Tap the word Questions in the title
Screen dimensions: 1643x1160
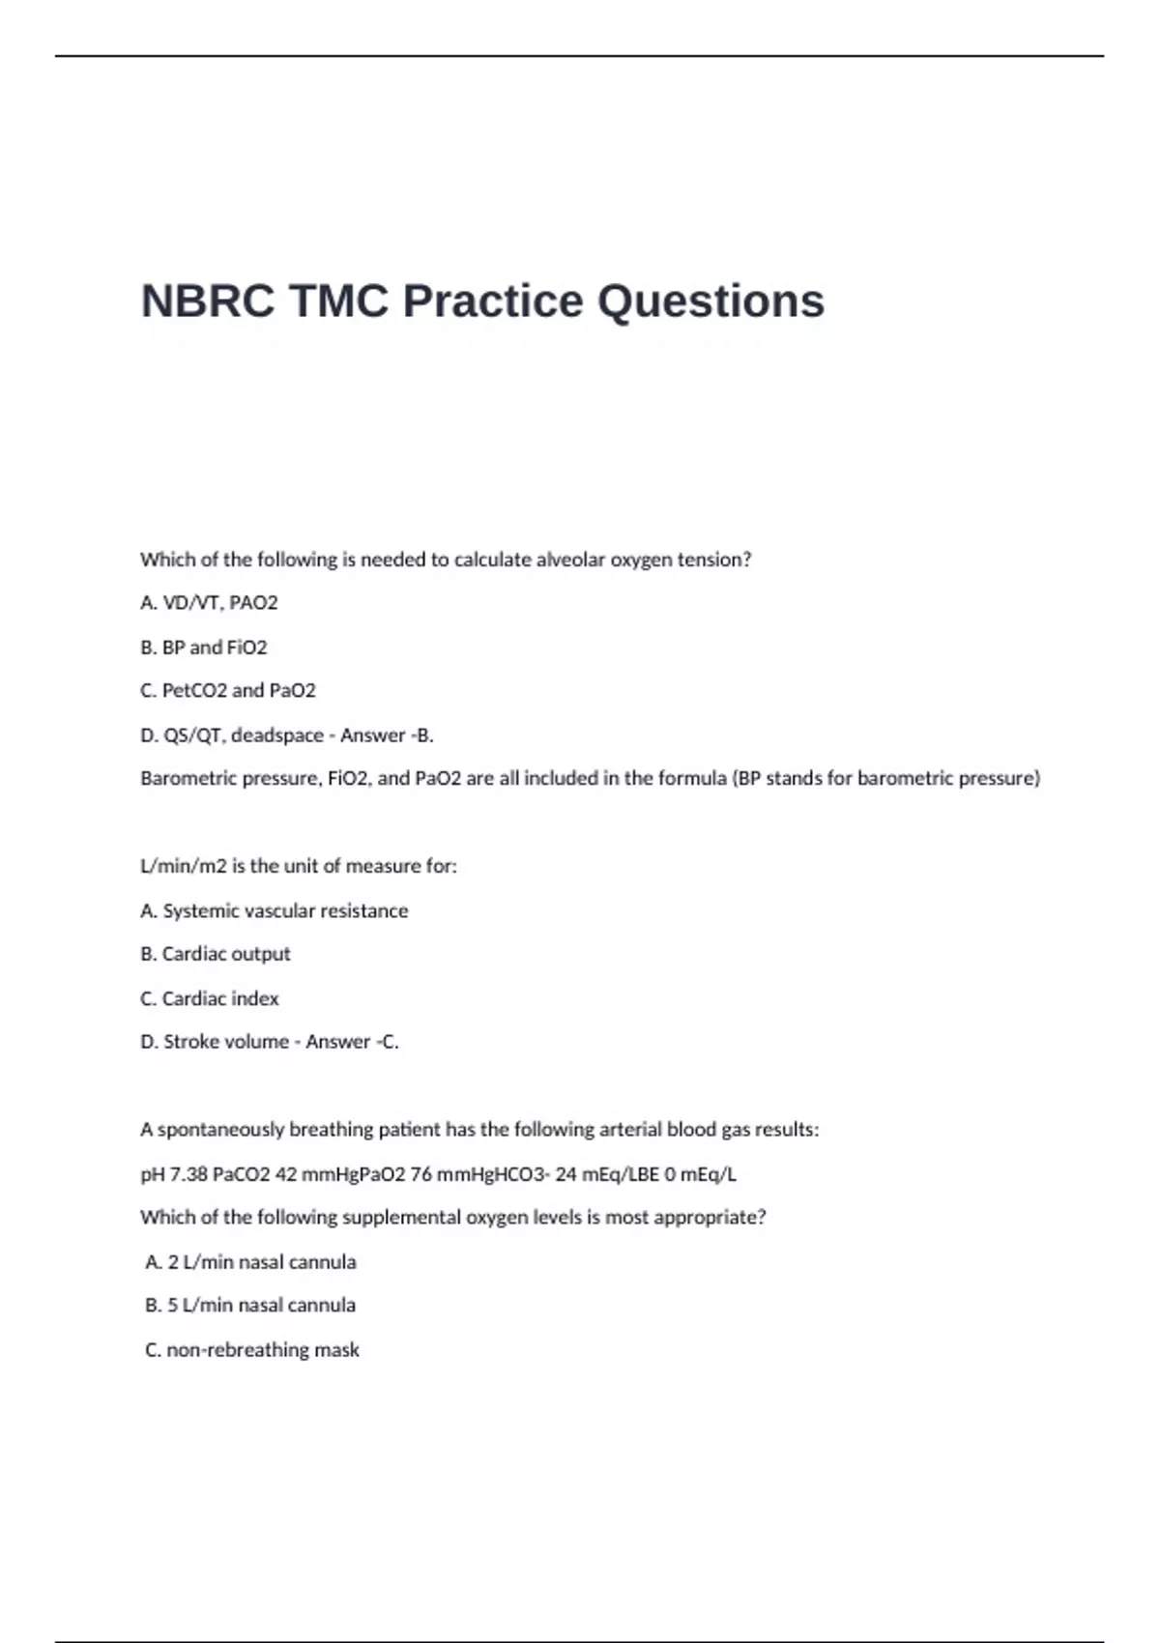click(710, 301)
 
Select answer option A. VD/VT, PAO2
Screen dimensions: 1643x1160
click(209, 603)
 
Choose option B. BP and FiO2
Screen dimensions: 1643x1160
click(203, 648)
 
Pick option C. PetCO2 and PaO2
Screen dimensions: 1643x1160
click(228, 691)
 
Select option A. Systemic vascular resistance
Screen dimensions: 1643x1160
click(275, 910)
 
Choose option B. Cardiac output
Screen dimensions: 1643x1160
click(216, 954)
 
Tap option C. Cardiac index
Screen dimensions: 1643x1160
click(210, 998)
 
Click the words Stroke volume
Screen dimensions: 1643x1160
click(226, 1042)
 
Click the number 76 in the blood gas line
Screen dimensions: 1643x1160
click(420, 1175)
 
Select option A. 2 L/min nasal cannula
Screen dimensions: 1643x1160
click(250, 1262)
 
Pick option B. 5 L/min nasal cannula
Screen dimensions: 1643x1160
click(250, 1306)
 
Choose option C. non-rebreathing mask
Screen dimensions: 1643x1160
click(252, 1350)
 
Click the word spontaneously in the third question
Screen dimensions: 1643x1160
click(220, 1130)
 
